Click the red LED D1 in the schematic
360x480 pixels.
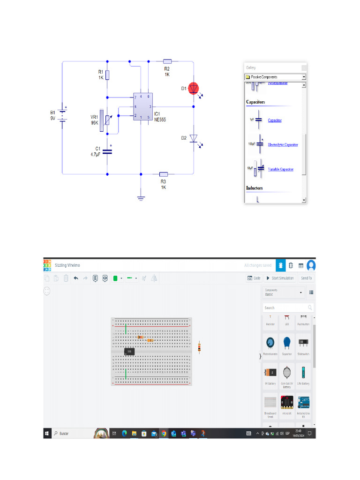193,89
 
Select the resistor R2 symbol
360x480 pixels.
167,61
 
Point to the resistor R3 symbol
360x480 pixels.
164,173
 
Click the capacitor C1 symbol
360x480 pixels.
107,150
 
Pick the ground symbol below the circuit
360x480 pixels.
141,198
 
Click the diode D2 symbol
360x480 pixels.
193,138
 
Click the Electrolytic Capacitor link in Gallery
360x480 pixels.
283,145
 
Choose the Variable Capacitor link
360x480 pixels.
280,169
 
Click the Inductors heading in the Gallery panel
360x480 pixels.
255,188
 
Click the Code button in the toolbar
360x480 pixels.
254,278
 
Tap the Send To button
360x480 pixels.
306,278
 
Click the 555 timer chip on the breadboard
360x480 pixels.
129,351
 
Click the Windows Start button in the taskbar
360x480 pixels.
47,434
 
